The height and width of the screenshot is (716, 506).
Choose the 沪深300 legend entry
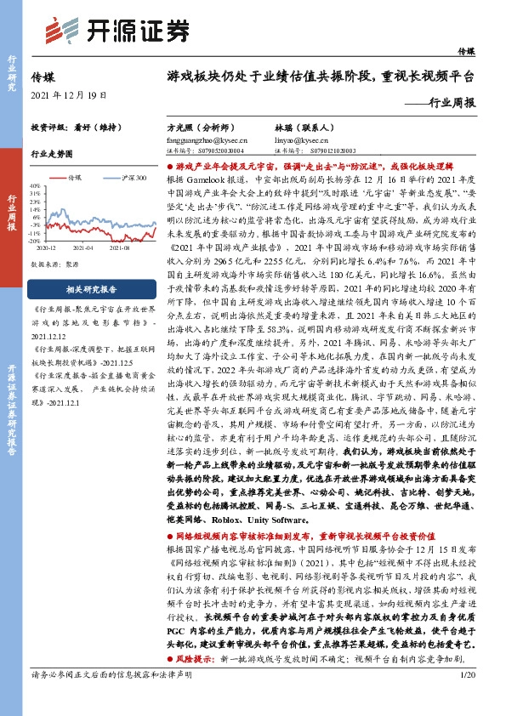click(x=134, y=178)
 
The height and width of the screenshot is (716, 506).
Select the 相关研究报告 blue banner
click(x=97, y=289)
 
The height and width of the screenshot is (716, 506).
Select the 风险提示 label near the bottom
click(x=195, y=660)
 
